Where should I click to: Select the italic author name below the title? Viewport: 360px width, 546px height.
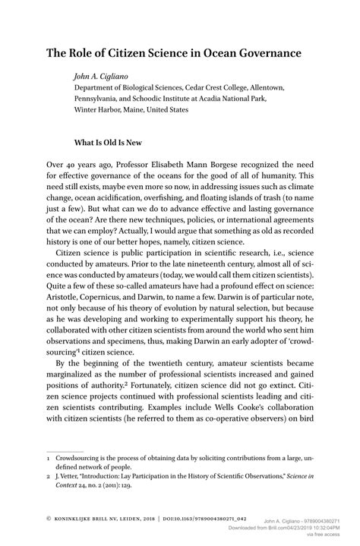(100, 76)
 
